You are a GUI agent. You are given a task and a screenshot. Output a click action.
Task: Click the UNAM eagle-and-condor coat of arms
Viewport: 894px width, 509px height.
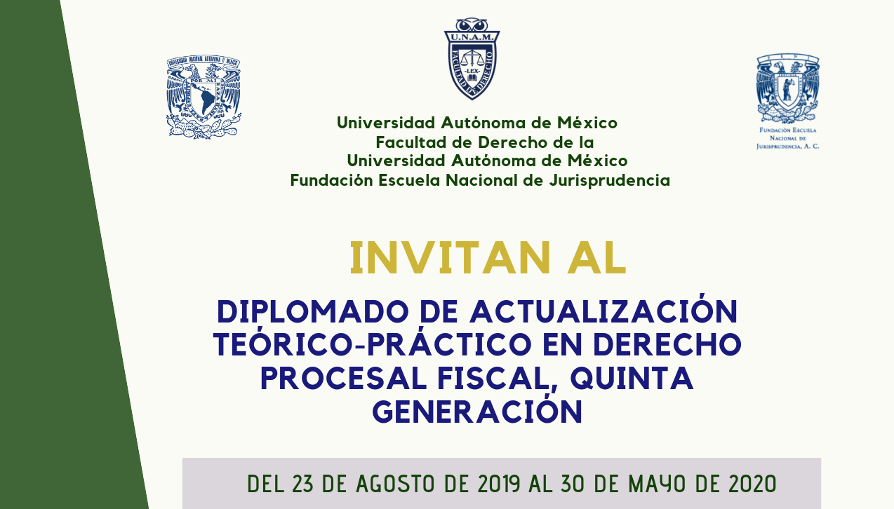204,97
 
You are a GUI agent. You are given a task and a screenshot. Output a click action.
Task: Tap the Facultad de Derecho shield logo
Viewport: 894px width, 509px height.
472,59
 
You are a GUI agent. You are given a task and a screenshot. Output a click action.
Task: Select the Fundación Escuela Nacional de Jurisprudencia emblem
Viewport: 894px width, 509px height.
788,102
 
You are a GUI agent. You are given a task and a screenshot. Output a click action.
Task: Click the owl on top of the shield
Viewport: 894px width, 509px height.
472,25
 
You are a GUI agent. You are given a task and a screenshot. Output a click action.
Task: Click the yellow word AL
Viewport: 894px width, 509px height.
596,258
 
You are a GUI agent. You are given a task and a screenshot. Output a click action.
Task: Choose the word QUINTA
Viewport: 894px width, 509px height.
632,379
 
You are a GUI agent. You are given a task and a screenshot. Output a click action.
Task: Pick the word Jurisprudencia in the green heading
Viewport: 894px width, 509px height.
609,181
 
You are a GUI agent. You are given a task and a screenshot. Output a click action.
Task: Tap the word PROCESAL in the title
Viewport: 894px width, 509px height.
343,378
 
